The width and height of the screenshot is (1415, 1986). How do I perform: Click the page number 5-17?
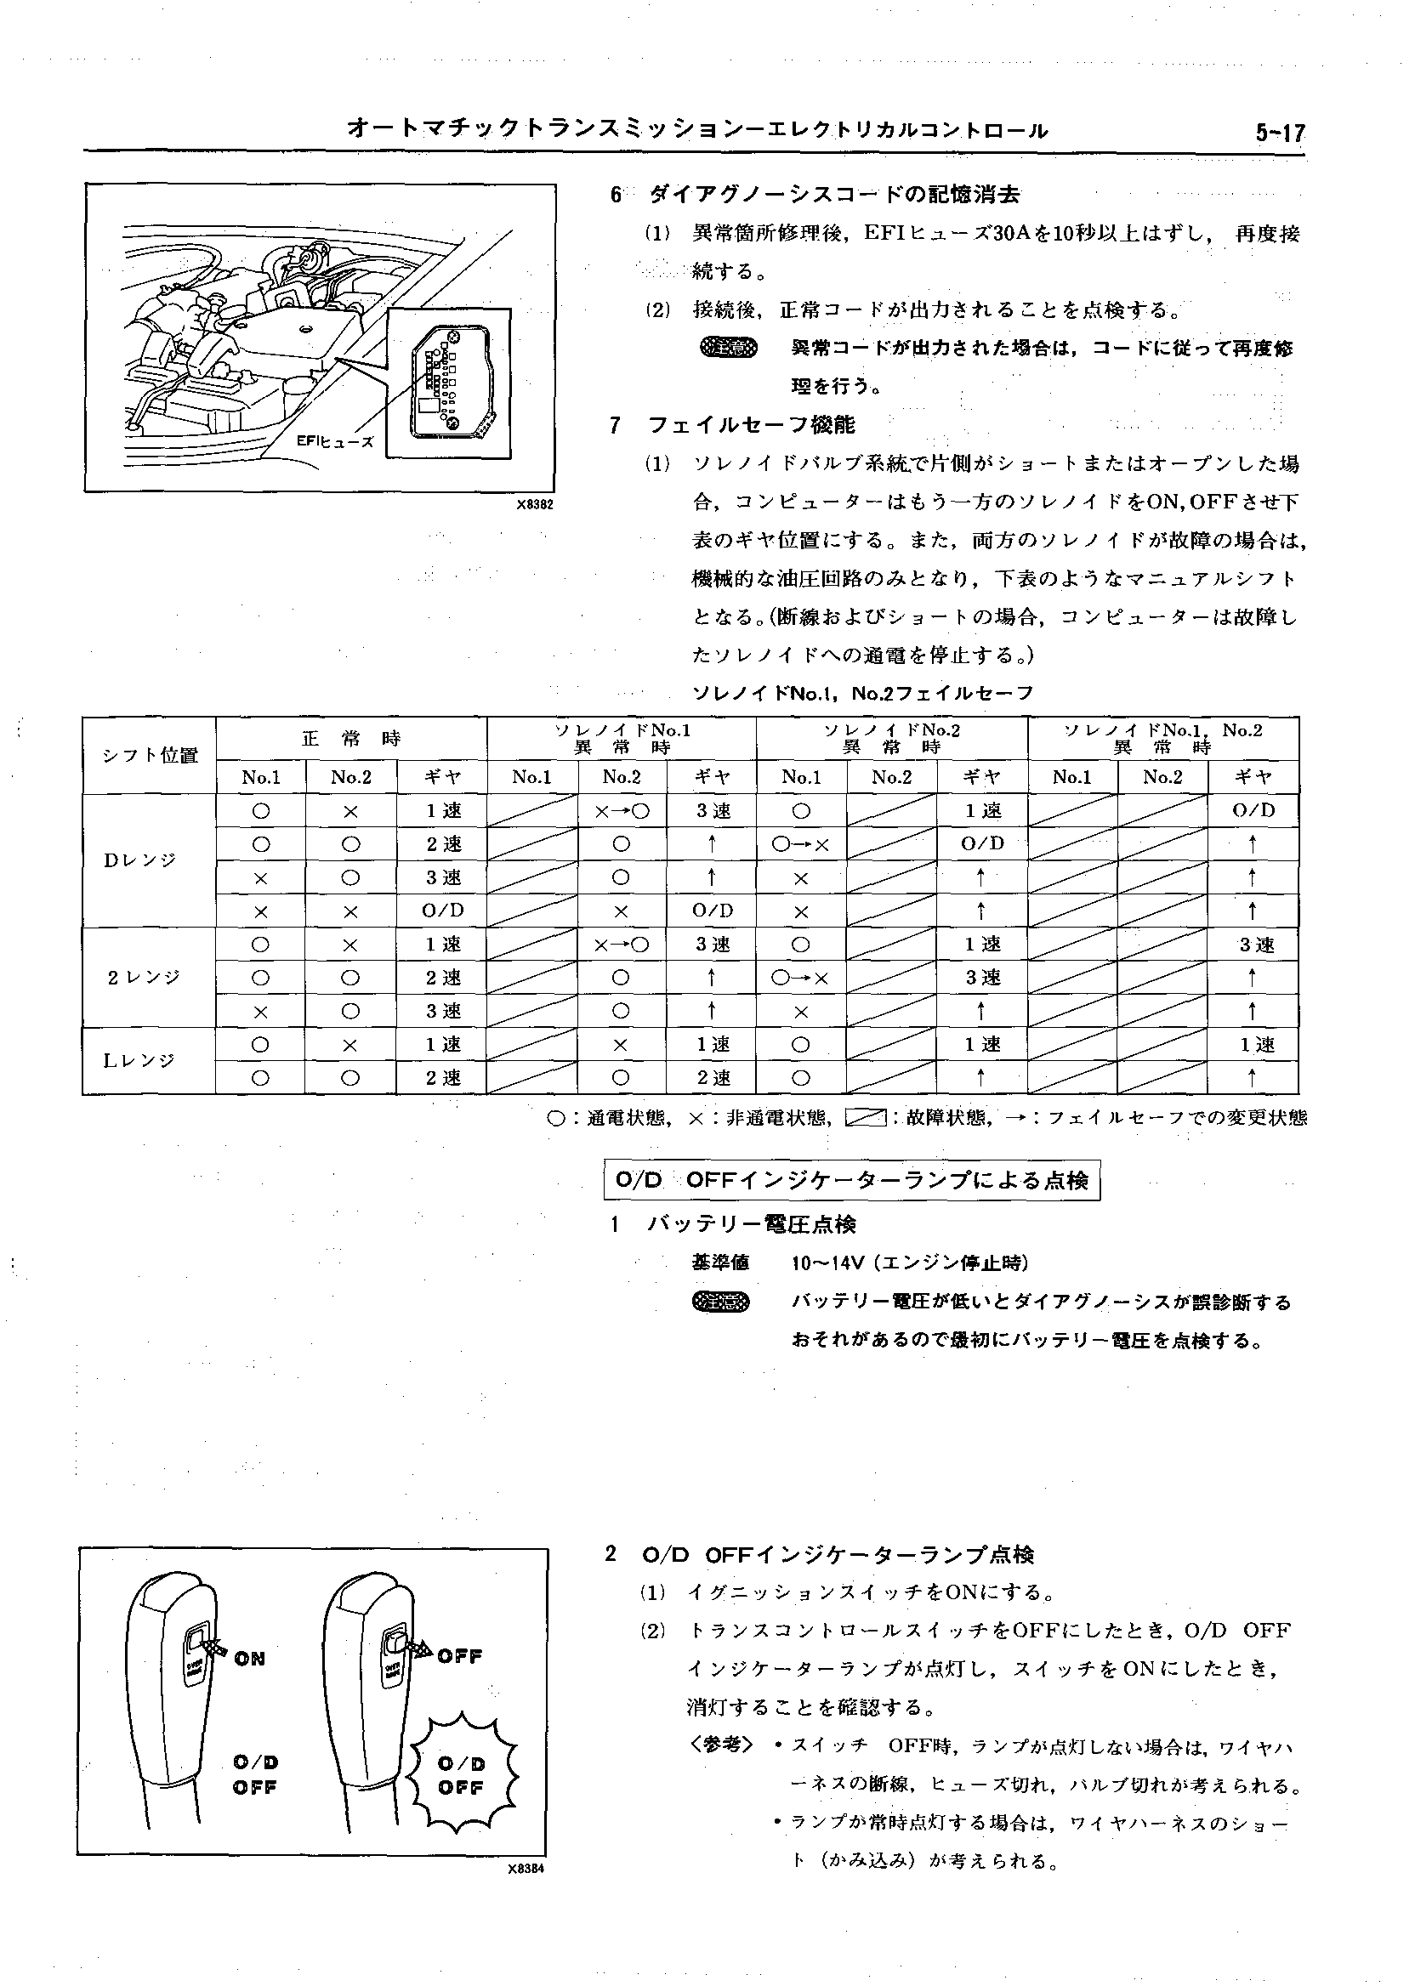point(1279,133)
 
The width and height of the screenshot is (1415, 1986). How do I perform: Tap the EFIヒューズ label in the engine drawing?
point(334,441)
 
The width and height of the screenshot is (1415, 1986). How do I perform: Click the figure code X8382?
point(534,504)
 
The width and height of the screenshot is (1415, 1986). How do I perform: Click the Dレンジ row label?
point(139,860)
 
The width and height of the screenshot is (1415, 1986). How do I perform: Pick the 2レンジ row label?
point(144,978)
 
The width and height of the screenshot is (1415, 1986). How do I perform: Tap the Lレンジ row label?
point(139,1060)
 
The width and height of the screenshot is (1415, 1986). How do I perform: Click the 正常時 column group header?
point(351,739)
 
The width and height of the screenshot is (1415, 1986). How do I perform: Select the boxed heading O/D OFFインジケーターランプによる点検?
point(851,1180)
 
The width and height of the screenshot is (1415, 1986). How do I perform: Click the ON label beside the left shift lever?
point(249,1659)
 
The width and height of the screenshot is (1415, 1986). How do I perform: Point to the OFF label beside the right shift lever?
point(459,1656)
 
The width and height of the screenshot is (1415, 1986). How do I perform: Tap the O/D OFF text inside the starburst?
point(461,1775)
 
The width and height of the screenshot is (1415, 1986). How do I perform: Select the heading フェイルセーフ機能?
point(751,425)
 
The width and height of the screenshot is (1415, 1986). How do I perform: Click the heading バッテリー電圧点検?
point(751,1224)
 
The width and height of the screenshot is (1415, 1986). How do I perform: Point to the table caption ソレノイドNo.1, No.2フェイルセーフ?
point(861,694)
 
